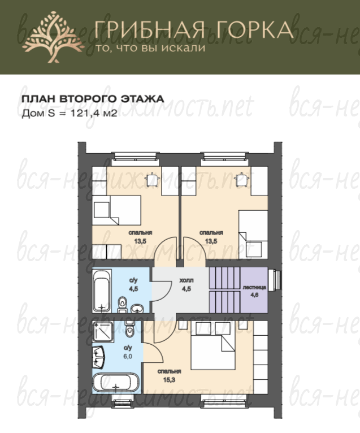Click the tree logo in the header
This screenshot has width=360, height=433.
pyautogui.click(x=53, y=37)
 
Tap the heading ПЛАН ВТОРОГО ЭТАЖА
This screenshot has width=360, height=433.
pyautogui.click(x=93, y=99)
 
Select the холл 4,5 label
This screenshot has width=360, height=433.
pyautogui.click(x=186, y=285)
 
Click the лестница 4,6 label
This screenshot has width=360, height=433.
pyautogui.click(x=254, y=291)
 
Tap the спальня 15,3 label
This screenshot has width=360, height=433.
pyautogui.click(x=169, y=375)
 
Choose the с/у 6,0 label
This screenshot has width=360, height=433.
pyautogui.click(x=128, y=352)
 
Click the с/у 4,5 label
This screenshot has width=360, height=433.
pyautogui.click(x=133, y=285)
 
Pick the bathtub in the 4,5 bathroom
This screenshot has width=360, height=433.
pyautogui.click(x=102, y=291)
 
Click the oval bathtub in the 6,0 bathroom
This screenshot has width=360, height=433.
pyautogui.click(x=116, y=383)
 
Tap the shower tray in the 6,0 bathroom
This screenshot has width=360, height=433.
pyautogui.click(x=103, y=332)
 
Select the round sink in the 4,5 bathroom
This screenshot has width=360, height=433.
pyautogui.click(x=137, y=309)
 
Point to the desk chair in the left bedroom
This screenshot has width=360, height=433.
pyautogui.click(x=152, y=180)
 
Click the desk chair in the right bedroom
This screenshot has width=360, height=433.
pyautogui.click(x=241, y=180)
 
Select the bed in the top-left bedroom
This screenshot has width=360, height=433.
pyautogui.click(x=116, y=210)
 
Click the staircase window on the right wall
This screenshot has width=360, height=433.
pyautogui.click(x=276, y=280)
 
